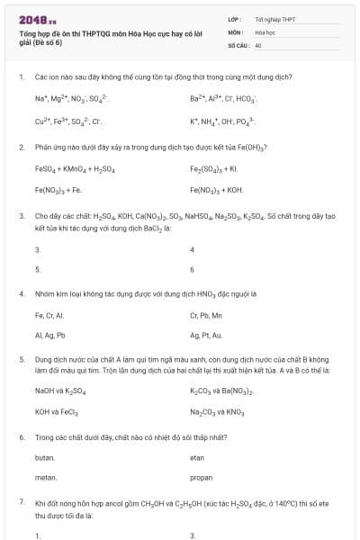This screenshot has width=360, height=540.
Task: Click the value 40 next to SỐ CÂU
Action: point(258,44)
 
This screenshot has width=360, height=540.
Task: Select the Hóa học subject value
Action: point(265,31)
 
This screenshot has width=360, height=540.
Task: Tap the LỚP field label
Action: point(233,18)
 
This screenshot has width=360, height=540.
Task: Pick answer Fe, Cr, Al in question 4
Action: point(49,316)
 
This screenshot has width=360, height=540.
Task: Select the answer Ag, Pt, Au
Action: point(206,335)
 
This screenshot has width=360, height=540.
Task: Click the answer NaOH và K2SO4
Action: point(62,391)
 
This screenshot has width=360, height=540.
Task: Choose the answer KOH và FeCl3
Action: point(60,412)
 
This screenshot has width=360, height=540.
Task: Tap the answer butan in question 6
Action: point(45,457)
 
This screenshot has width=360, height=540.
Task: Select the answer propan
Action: point(202,478)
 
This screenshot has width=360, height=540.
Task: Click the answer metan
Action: point(46,478)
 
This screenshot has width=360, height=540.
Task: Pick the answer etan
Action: point(198,457)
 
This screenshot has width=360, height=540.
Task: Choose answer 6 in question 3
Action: point(193,268)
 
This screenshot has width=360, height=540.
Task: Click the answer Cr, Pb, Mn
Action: point(206,316)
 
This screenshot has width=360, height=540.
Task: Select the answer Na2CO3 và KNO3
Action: point(218,412)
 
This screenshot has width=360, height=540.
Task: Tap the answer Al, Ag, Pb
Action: point(50,335)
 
